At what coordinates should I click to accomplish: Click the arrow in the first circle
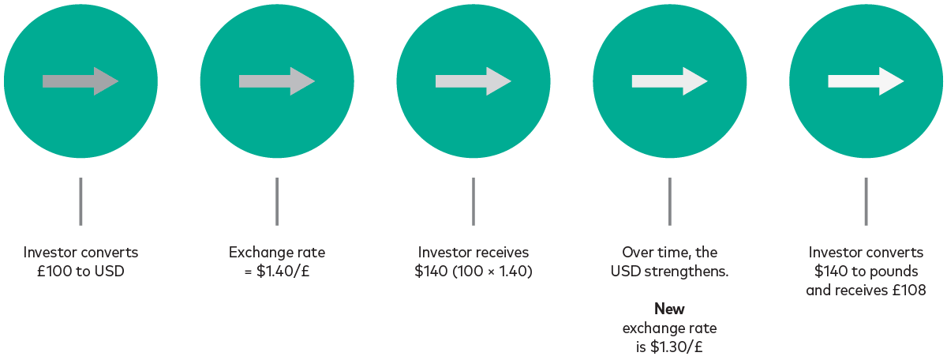click(80, 81)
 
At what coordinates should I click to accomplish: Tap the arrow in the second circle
click(277, 81)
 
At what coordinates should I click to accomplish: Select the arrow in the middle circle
click(473, 81)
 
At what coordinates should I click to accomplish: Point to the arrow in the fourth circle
click(669, 81)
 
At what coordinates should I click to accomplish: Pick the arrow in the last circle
click(866, 81)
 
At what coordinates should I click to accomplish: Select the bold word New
click(669, 309)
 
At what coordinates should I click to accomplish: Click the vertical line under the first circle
click(80, 201)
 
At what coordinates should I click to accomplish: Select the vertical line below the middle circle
click(473, 201)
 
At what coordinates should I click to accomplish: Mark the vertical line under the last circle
click(866, 201)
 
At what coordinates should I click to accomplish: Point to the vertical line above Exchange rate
click(277, 201)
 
